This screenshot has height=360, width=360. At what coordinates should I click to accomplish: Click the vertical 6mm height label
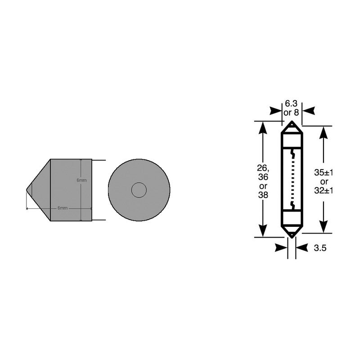click(81, 180)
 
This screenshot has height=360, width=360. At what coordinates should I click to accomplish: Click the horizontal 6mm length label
click(62, 208)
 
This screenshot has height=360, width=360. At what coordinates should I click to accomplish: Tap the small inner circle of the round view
click(139, 190)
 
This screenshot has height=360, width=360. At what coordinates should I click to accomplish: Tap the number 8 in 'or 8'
click(297, 112)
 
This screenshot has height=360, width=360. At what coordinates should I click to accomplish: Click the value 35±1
click(324, 173)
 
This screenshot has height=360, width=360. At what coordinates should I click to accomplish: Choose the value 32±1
click(324, 190)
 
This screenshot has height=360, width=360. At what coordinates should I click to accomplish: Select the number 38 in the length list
click(263, 194)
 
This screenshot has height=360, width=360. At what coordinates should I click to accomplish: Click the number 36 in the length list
click(263, 177)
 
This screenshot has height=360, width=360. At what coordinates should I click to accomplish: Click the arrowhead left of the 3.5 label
click(281, 248)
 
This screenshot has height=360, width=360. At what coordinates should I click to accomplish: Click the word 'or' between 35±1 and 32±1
click(324, 182)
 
